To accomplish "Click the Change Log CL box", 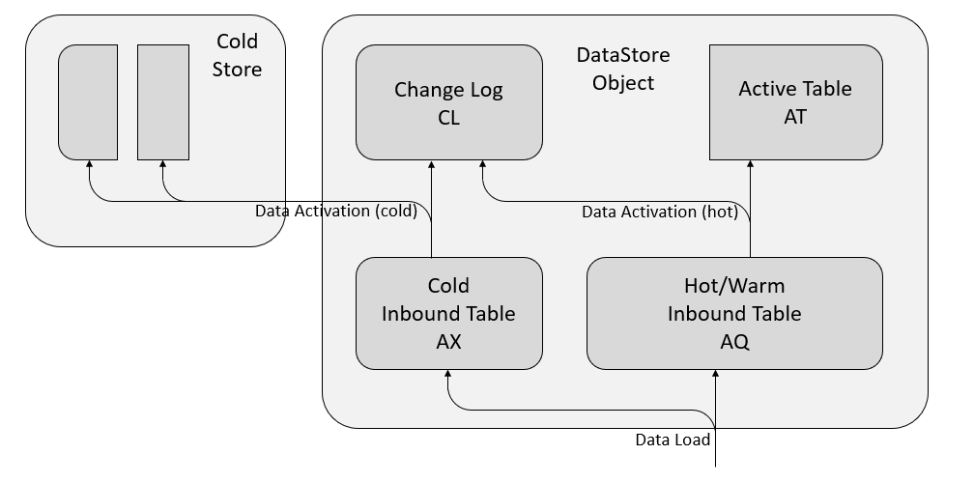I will [x=448, y=102].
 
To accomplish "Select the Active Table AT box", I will [x=795, y=102].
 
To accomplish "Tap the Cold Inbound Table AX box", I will [x=448, y=313].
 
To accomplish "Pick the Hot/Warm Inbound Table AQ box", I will [x=734, y=313].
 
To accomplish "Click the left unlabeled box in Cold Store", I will [x=88, y=101].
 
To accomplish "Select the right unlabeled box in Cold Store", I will [x=162, y=101].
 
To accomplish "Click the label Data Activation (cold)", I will [x=335, y=212].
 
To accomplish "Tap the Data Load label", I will [x=673, y=440].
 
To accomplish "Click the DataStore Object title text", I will [x=623, y=70].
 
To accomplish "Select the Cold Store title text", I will [x=238, y=55].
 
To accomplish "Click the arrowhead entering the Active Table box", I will [x=750, y=165].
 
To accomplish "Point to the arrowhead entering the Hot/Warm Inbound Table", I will [x=715, y=375].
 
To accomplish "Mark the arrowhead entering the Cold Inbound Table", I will [x=448, y=375].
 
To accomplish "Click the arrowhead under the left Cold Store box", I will [x=88, y=165].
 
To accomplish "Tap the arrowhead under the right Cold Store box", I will [x=162, y=165].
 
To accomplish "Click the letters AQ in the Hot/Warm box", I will [x=734, y=341].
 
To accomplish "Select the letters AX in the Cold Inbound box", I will [x=448, y=341].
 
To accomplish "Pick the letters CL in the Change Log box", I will [x=448, y=118].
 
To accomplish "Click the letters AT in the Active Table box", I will [x=795, y=117].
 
